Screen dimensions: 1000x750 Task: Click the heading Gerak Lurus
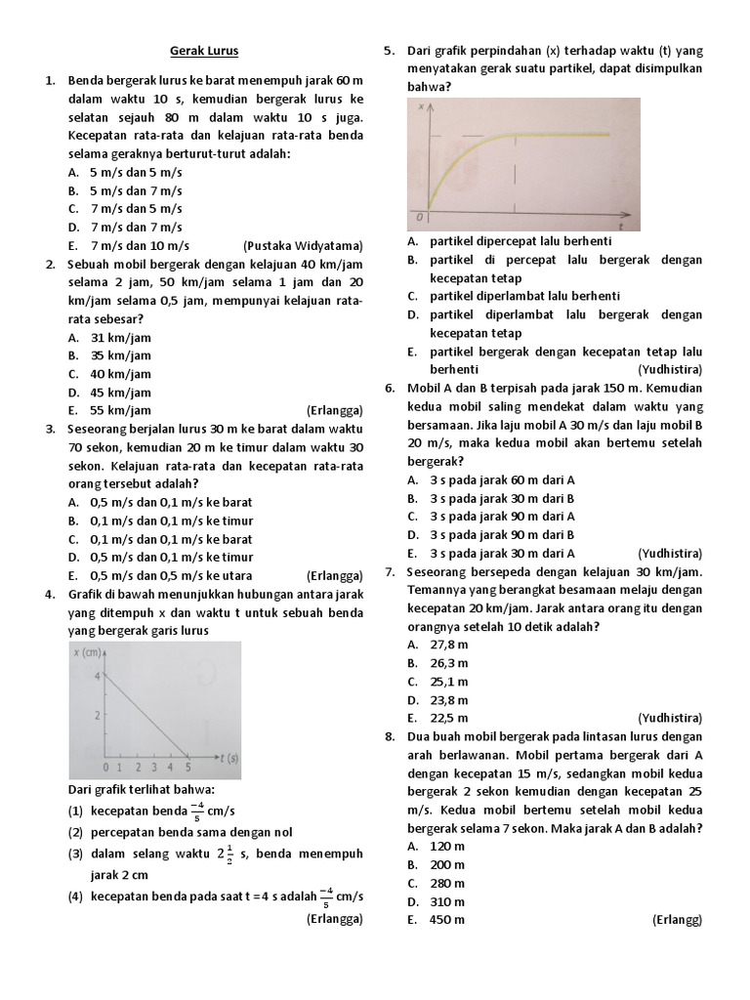pos(204,50)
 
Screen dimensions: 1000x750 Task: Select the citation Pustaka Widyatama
pos(303,245)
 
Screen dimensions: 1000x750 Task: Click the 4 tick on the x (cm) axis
pos(97,676)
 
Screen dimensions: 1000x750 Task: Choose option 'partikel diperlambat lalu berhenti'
pos(524,296)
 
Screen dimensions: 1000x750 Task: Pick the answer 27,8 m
pos(449,645)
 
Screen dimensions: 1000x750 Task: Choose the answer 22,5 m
pos(449,718)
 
